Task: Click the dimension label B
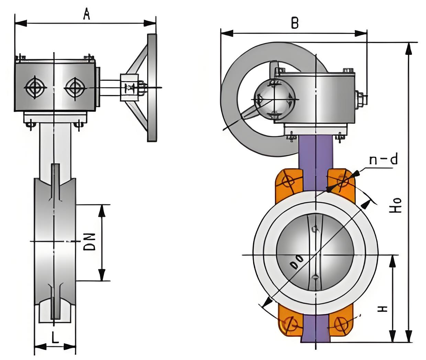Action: point(295,23)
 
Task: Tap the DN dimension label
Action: point(90,241)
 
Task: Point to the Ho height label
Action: point(397,205)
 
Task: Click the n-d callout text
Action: point(383,160)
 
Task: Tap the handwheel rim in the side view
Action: point(152,88)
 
